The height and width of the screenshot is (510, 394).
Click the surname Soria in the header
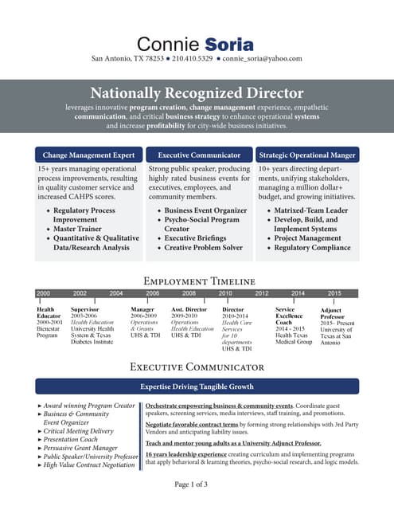pos(228,42)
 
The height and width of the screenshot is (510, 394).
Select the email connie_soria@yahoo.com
pos(262,58)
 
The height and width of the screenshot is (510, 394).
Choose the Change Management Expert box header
pos(89,155)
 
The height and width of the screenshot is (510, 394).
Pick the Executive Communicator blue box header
pos(199,155)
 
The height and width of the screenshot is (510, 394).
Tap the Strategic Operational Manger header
pos(307,155)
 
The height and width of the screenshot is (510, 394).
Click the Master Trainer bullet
pos(78,229)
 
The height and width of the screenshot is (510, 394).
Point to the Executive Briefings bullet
pos(196,238)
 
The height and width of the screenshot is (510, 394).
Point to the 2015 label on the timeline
pos(334,293)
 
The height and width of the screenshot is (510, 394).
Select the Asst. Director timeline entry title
pos(189,309)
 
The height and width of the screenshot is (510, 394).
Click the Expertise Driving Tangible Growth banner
pos(197,386)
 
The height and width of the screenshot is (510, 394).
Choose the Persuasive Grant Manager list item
pos(83,448)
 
